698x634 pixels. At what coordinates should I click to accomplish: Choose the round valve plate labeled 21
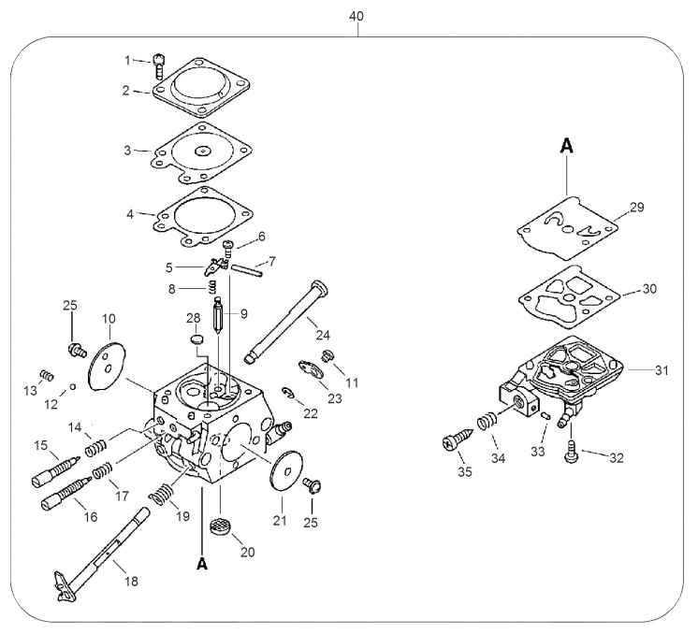[x=284, y=468]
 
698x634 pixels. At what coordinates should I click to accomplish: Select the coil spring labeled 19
[x=163, y=491]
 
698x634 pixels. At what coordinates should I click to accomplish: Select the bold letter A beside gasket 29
[x=566, y=146]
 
